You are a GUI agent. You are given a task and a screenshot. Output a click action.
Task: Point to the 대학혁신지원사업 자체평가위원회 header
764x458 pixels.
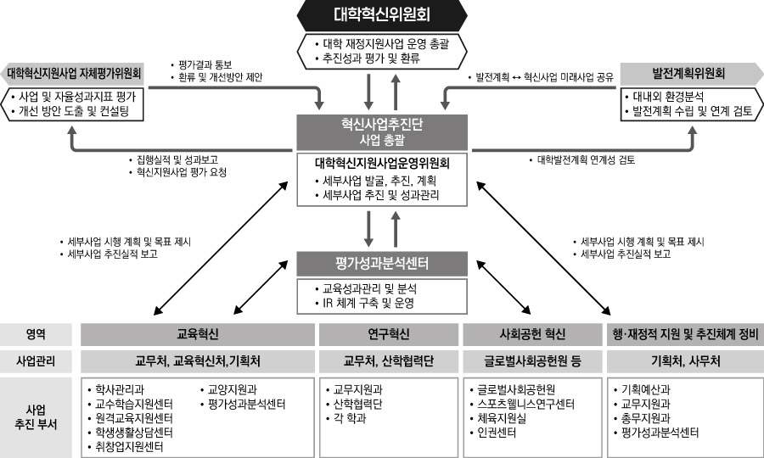75,73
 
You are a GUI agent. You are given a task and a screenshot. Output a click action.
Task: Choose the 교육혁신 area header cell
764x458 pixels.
198,333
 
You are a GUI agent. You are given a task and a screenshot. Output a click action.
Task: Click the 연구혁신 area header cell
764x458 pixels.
389,333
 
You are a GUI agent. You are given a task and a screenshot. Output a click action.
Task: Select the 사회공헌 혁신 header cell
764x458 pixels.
532,333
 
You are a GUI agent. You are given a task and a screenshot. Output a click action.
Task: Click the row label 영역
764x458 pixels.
36,333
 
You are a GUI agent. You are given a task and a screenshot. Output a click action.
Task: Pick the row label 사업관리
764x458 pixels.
36,360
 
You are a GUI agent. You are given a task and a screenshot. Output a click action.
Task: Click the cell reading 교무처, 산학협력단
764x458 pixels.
389,360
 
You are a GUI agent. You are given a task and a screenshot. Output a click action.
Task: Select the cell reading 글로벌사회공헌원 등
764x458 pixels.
532,360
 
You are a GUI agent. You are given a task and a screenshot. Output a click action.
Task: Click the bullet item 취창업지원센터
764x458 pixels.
130,447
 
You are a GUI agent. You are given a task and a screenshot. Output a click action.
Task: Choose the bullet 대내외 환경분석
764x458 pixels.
668,96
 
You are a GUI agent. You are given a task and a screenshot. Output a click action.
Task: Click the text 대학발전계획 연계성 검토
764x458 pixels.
586,159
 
